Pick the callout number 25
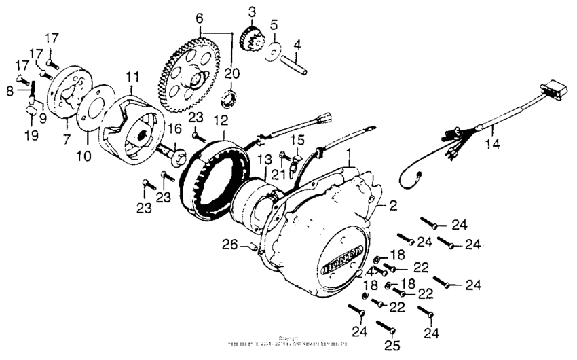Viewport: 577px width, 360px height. pos(390,346)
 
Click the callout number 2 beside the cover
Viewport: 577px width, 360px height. pos(391,203)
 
